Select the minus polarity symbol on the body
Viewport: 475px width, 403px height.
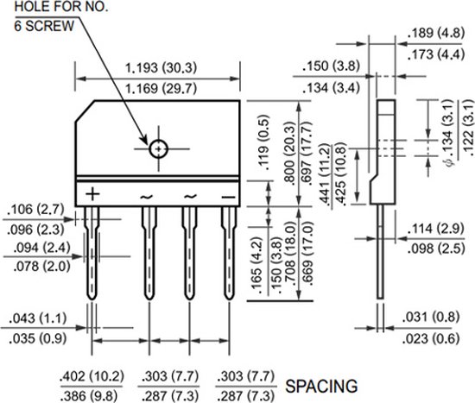(x=227, y=196)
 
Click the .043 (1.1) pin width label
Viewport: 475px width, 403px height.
(x=35, y=317)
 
